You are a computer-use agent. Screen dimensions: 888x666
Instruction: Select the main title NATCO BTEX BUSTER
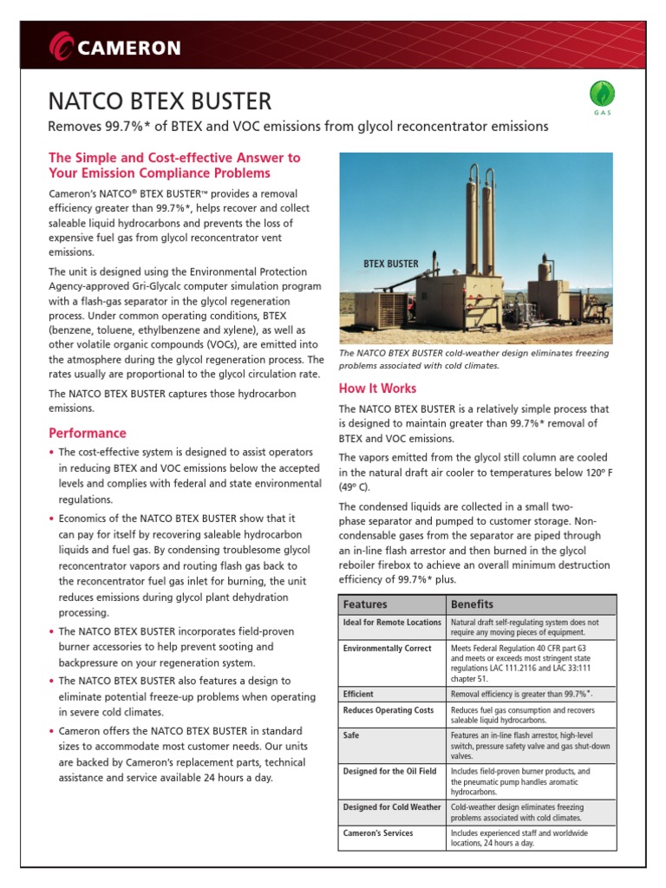160,101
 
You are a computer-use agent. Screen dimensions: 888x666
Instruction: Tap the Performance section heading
88,433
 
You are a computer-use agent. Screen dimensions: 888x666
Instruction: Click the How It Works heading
377,388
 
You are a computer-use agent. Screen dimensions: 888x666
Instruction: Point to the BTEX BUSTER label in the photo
391,264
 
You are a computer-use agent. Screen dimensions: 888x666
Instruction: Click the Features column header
365,604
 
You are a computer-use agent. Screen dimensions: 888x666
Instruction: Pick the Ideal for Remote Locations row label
392,623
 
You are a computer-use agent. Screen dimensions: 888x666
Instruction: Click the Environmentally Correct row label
387,649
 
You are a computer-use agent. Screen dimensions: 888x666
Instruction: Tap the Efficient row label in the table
358,695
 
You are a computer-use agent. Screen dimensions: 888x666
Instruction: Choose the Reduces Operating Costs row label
388,711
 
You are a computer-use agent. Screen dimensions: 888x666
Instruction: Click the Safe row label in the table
351,734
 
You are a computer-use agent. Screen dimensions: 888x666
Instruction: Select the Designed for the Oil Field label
390,771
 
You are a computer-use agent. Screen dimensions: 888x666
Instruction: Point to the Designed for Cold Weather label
392,807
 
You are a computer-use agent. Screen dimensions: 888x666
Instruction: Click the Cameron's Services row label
378,833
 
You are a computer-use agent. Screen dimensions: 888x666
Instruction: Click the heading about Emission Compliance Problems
175,165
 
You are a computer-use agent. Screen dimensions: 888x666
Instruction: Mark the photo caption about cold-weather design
473,359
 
